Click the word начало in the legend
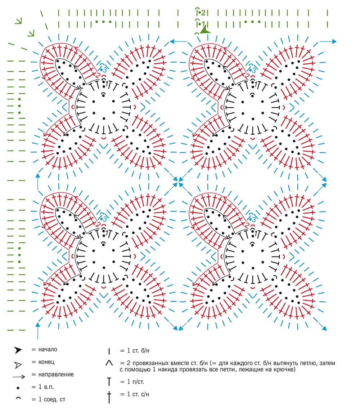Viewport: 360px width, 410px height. [x=48, y=349]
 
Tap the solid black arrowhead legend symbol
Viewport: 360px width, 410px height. [x=18, y=350]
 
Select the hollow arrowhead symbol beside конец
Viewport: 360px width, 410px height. [x=18, y=365]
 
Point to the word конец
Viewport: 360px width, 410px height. [x=46, y=362]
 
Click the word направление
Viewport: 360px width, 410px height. [x=56, y=374]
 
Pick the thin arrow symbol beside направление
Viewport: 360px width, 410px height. [x=19, y=377]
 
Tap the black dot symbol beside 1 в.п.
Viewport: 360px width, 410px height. [x=18, y=388]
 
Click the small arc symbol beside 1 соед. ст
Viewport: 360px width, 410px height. [x=18, y=398]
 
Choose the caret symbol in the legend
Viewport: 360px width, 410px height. [x=109, y=363]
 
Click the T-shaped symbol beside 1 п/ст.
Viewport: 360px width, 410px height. [x=109, y=382]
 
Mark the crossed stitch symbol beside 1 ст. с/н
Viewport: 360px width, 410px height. [x=109, y=397]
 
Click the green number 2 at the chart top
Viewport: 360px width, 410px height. [x=203, y=12]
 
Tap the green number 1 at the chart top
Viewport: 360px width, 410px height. [x=203, y=24]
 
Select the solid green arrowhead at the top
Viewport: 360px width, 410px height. [x=205, y=30]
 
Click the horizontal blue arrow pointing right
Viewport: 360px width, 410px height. [x=328, y=41]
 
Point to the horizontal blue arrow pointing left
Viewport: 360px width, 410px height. [x=178, y=41]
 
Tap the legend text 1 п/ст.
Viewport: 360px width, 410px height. [x=135, y=382]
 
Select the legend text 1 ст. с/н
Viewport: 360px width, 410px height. [x=138, y=394]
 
